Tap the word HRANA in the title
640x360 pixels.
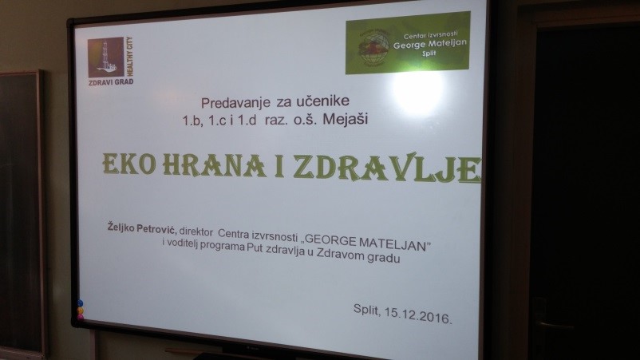pos(215,165)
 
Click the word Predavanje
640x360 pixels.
pos(235,102)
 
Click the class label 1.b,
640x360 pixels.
pos(192,121)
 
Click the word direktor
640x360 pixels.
pos(196,231)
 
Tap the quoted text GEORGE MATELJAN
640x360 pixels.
pos(367,242)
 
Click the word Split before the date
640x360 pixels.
pos(366,310)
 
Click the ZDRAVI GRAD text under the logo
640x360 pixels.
pos(111,81)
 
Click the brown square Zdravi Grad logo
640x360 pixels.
pos(105,57)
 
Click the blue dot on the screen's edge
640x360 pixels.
pos(80,303)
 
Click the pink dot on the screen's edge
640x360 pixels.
pos(81,316)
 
